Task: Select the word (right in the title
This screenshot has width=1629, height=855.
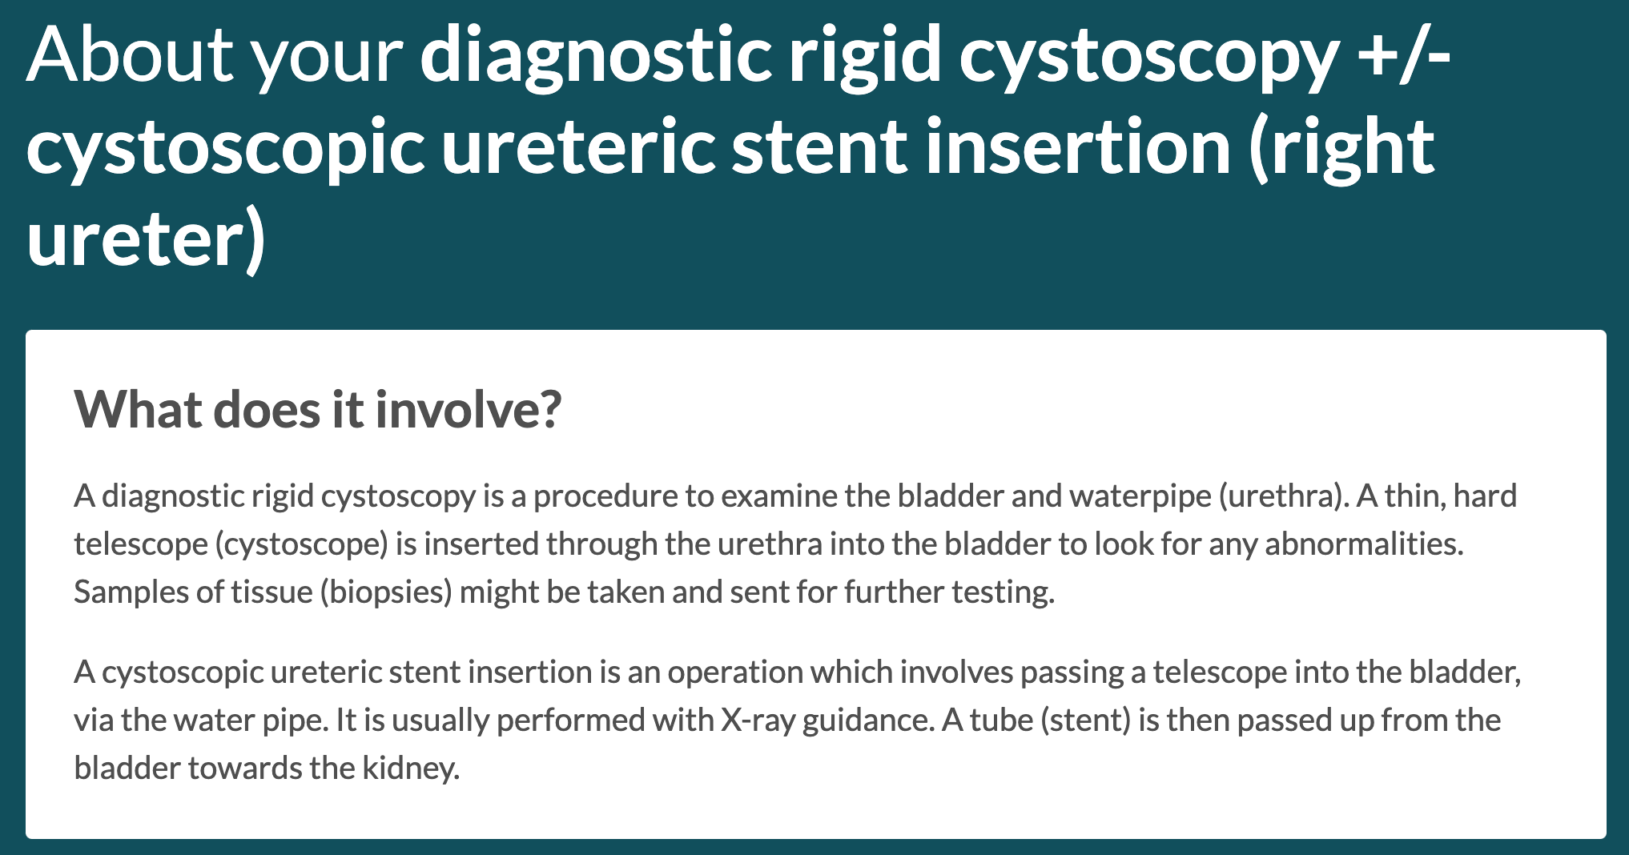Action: [1341, 148]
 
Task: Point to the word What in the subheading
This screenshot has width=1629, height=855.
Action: [139, 409]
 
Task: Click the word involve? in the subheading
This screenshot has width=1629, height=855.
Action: [469, 409]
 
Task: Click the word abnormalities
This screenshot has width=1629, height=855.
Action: [1364, 544]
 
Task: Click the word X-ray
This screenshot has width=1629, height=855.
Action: [758, 721]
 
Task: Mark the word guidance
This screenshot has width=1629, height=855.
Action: [869, 721]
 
